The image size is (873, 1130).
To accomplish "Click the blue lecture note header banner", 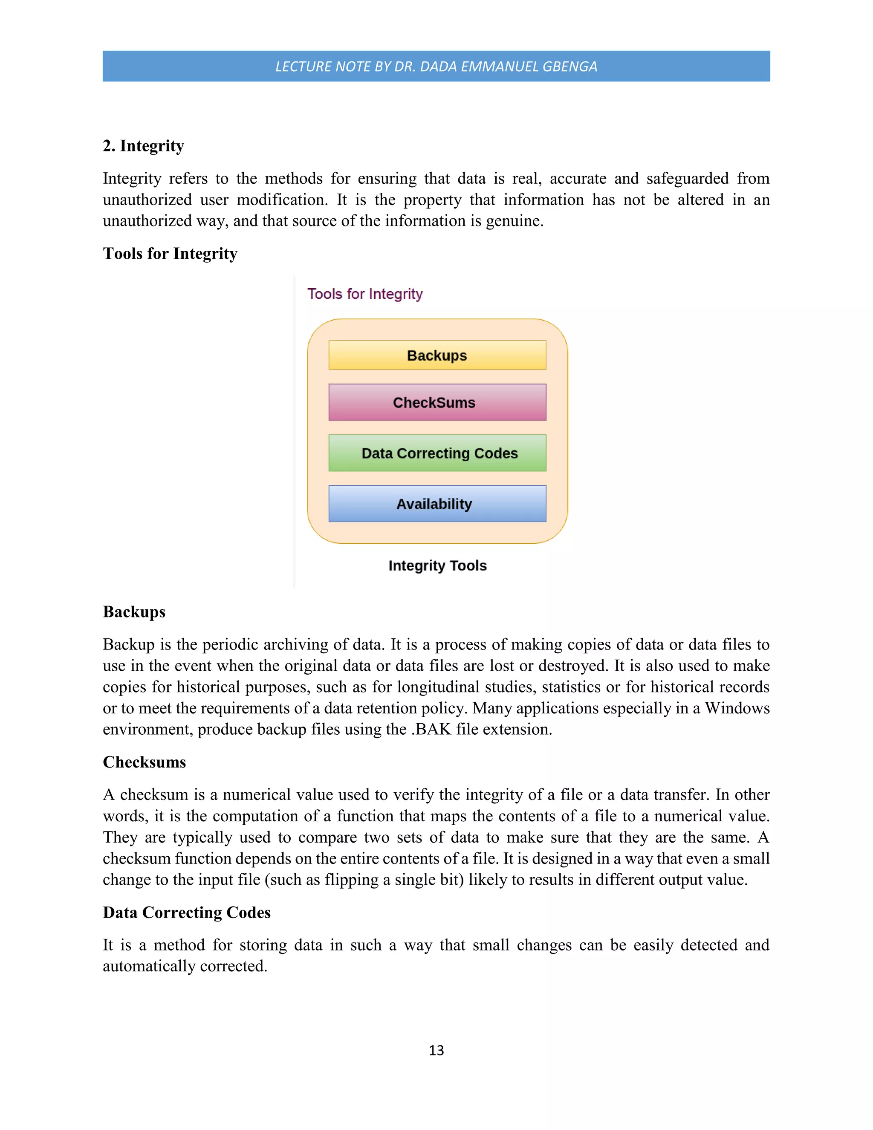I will (x=436, y=66).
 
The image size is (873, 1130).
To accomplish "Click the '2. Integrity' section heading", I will (x=143, y=146).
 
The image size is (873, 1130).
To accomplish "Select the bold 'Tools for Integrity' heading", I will (x=170, y=254).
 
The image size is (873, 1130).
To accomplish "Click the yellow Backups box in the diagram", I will (x=437, y=356).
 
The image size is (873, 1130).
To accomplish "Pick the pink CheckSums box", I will (x=437, y=403).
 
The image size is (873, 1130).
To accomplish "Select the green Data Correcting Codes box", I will (x=437, y=453).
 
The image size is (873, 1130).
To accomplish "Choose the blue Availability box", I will (x=437, y=504).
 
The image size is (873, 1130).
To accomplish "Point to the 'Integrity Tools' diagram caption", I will (x=437, y=565).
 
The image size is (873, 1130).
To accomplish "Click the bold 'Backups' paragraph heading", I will (x=134, y=612).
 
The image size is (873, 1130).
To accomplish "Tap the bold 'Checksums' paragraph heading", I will (x=145, y=762).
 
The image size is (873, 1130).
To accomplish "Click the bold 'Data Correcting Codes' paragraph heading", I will (x=186, y=913).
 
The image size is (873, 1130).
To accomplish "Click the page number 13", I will (x=436, y=1050).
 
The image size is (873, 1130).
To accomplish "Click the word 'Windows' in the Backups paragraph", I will (x=737, y=708).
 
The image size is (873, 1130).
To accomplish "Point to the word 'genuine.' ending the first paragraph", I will (x=515, y=221).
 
